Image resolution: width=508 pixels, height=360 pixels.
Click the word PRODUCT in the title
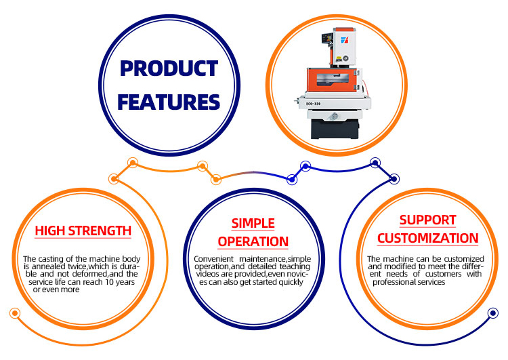click(x=169, y=68)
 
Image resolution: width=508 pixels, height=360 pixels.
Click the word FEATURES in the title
click(x=169, y=102)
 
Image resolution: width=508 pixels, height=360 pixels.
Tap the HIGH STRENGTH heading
click(x=83, y=231)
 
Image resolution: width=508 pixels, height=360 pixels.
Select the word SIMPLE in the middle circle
click(x=253, y=223)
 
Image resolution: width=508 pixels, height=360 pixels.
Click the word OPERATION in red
click(x=253, y=241)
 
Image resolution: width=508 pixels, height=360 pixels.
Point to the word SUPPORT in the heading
click(x=427, y=220)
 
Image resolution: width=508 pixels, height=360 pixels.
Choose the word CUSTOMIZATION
click(x=427, y=238)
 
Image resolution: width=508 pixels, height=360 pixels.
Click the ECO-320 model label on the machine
click(x=314, y=104)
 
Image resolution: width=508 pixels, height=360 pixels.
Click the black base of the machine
click(x=335, y=129)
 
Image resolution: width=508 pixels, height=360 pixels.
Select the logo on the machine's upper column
click(x=344, y=40)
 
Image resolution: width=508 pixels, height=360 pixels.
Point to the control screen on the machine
click(x=326, y=38)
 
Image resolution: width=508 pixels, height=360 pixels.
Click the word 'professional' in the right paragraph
click(x=392, y=282)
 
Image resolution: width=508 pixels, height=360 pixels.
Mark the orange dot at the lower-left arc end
click(x=15, y=313)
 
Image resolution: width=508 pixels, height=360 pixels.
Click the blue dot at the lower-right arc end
click(x=493, y=313)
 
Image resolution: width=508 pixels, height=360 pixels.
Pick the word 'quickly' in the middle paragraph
click(x=291, y=282)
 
